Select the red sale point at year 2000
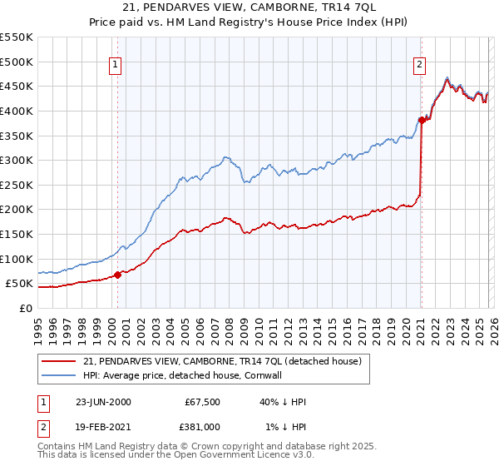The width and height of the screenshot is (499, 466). [x=118, y=274]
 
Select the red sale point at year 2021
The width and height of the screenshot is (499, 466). [x=422, y=120]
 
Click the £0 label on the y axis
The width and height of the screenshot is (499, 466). [x=25, y=308]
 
